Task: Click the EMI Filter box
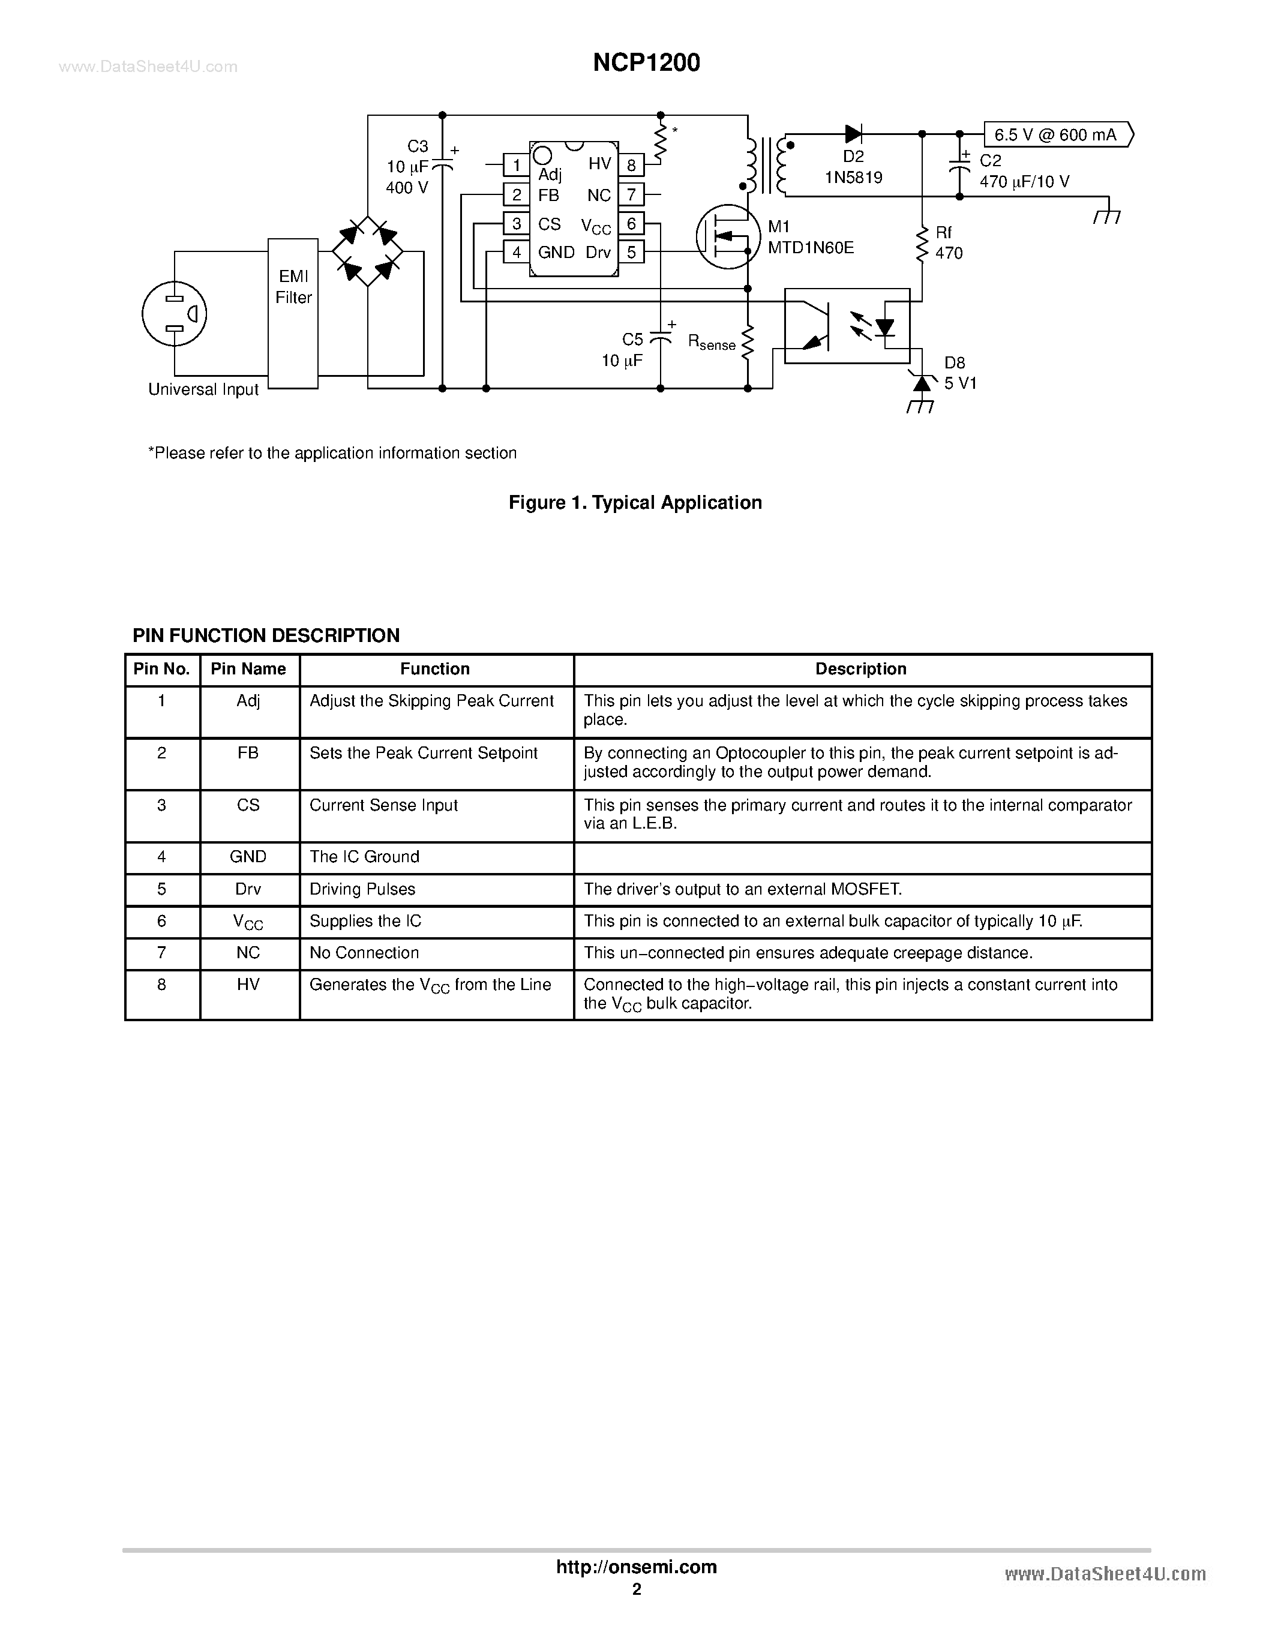coord(293,314)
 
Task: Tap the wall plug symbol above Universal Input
coord(175,314)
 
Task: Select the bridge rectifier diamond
coord(368,251)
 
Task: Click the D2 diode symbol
coord(854,134)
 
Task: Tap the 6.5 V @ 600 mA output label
coord(1057,134)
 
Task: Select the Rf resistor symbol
coord(922,243)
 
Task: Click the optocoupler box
coord(847,326)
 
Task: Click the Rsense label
coord(711,342)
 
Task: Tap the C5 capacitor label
coord(632,339)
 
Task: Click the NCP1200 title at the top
coord(646,63)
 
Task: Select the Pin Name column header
coord(248,670)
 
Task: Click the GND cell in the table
coord(248,857)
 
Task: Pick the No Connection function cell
coord(364,953)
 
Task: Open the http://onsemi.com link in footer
coord(636,1567)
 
